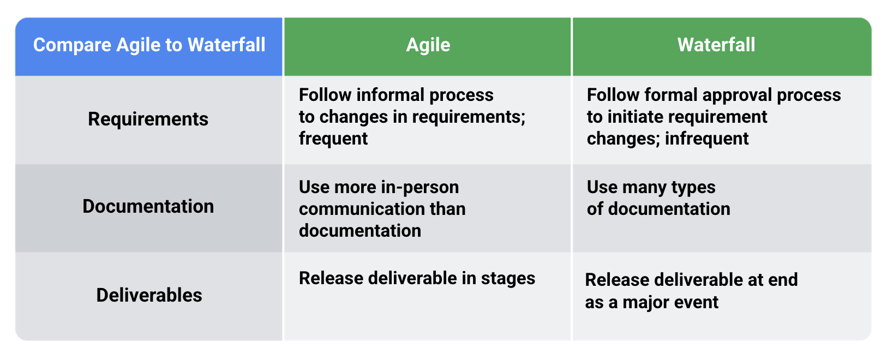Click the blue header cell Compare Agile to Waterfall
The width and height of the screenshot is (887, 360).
point(149,45)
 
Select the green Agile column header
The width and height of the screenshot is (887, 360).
point(428,45)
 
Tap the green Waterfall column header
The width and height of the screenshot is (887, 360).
point(716,45)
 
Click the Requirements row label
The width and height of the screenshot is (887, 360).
point(148,119)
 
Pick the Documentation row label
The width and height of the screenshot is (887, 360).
point(148,207)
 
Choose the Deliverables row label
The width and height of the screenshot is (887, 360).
point(149,295)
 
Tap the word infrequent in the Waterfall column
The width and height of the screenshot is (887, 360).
point(706,139)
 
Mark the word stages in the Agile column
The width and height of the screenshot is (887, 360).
point(508,278)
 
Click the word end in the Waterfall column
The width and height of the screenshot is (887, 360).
point(783,280)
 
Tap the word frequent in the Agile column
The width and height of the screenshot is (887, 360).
point(333,139)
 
